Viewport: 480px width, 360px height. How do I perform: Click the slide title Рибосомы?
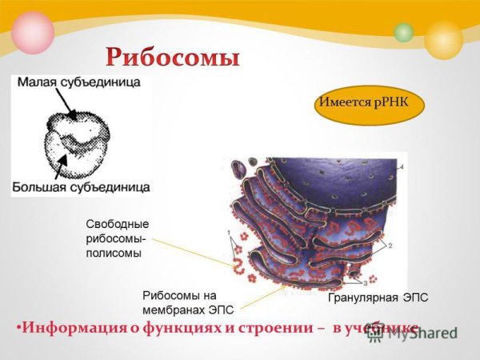(x=173, y=57)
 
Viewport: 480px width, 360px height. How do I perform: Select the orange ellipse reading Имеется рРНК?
(x=368, y=103)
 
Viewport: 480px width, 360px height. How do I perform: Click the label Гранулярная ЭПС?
(x=378, y=298)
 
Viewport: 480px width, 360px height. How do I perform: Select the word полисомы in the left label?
(x=113, y=253)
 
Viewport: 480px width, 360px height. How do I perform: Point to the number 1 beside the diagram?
(x=230, y=234)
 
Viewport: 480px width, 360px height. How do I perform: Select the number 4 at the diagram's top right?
(x=402, y=166)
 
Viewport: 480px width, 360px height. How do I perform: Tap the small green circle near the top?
(x=404, y=33)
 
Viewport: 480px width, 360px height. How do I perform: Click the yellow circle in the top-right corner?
(x=444, y=40)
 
